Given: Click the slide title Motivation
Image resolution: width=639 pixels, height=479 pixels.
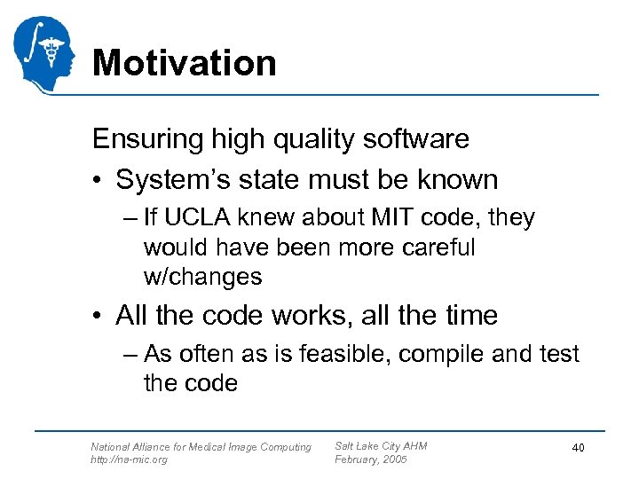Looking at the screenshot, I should coord(184,63).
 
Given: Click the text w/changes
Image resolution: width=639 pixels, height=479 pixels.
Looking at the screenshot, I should coord(202,277).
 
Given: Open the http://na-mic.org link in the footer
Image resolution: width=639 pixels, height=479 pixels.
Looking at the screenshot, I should coord(129,459).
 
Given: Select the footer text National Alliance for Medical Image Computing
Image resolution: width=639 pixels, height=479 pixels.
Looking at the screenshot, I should coord(201,446).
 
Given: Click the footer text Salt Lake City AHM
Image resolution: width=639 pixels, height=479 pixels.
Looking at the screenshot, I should coord(380,445).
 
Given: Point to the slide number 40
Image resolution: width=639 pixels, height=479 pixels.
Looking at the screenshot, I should coord(578,449).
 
